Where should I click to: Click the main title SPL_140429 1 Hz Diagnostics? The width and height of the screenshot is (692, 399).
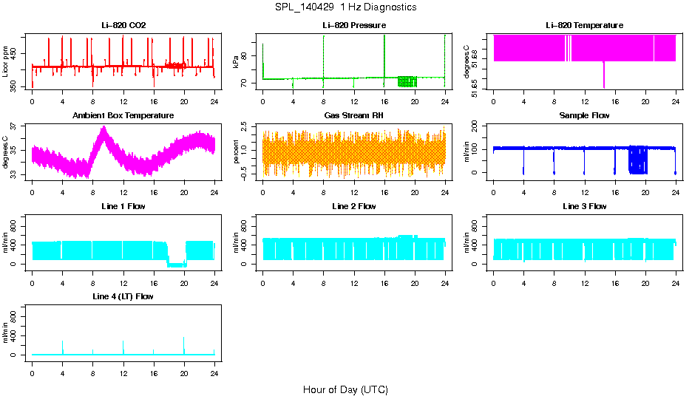click(x=345, y=7)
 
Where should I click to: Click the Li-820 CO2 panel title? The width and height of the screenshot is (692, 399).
click(x=123, y=25)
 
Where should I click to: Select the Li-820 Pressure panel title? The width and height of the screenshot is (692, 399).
click(x=354, y=25)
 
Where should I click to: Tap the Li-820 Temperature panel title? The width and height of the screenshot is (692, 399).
click(x=584, y=25)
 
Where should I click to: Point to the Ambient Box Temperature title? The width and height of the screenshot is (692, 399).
click(x=123, y=116)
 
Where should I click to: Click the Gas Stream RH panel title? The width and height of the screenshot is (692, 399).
click(x=354, y=116)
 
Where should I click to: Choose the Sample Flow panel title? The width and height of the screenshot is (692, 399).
click(x=584, y=116)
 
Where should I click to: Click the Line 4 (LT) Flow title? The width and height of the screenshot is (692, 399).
click(x=123, y=296)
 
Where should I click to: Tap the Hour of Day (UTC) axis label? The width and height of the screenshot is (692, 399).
click(x=345, y=389)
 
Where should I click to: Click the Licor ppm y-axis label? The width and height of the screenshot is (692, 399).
click(x=6, y=61)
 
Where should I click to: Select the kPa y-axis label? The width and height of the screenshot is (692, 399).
click(x=237, y=61)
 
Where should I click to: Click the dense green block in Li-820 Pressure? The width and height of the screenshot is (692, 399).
click(x=407, y=81)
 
